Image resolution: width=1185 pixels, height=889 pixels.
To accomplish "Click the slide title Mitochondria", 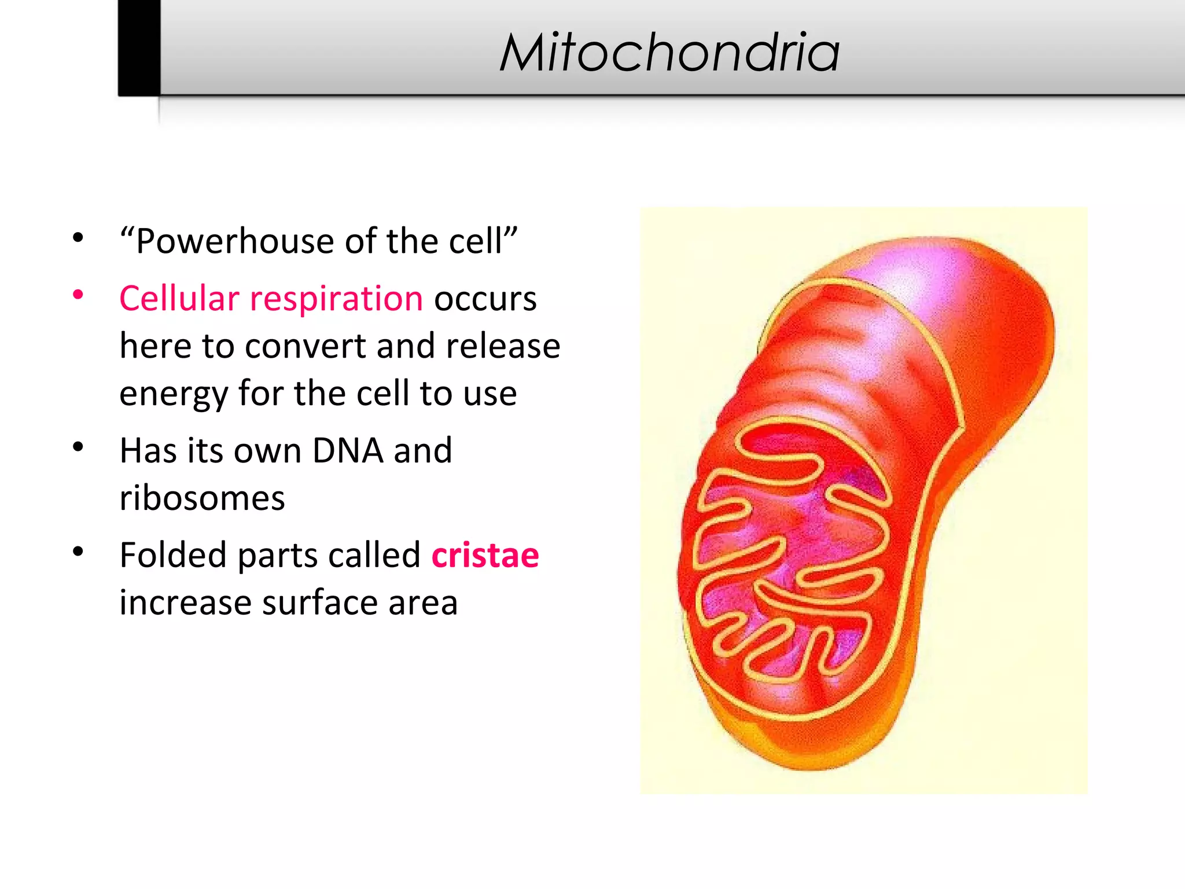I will [x=669, y=53].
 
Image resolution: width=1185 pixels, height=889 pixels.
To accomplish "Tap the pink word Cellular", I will [x=179, y=299].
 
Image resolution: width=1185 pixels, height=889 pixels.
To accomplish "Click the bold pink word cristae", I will [x=485, y=556].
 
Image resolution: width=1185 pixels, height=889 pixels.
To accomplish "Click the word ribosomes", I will [x=202, y=498].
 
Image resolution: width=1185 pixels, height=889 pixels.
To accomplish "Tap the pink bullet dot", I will [x=78, y=295].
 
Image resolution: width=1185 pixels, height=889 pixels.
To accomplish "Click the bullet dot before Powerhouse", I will [x=78, y=238].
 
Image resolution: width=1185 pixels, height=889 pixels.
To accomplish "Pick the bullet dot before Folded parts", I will [x=78, y=552].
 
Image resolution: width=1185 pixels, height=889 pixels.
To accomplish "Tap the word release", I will [x=503, y=347].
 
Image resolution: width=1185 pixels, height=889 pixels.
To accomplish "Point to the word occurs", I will [x=485, y=299].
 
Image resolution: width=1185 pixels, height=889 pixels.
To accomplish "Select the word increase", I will [x=185, y=603].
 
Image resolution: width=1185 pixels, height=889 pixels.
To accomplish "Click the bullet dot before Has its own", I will [x=78, y=447].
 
